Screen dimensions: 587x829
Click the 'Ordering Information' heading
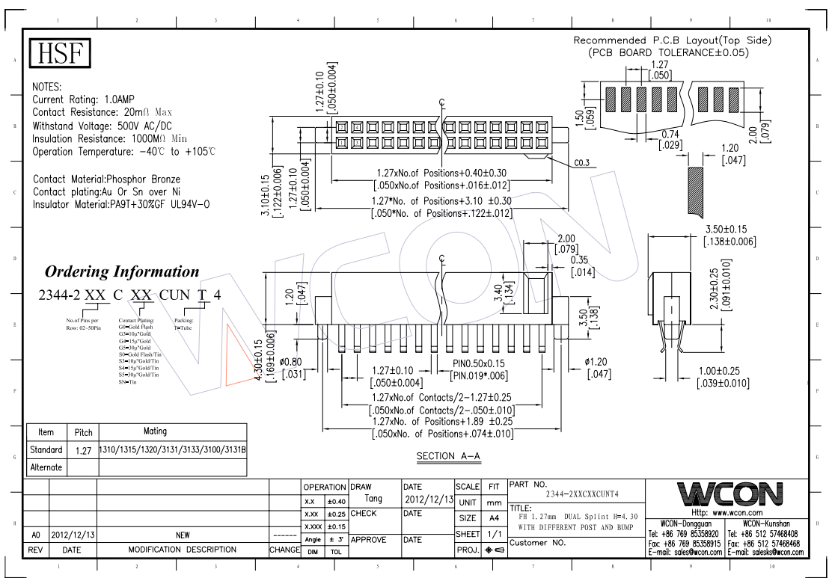(123, 271)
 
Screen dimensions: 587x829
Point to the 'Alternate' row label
(46, 467)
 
